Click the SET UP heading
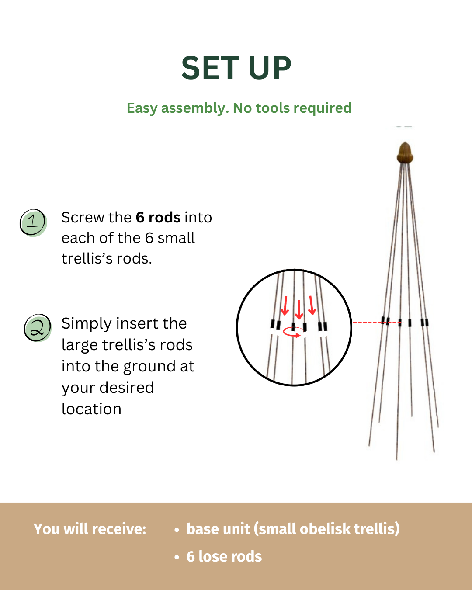pyautogui.click(x=236, y=68)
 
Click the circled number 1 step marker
pyautogui.click(x=33, y=222)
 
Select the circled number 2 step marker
pyautogui.click(x=38, y=328)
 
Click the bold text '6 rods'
pyautogui.click(x=158, y=217)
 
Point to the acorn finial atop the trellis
pyautogui.click(x=405, y=153)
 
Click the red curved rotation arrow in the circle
pyautogui.click(x=293, y=333)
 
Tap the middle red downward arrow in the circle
pyautogui.click(x=299, y=310)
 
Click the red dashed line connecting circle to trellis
pyautogui.click(x=378, y=323)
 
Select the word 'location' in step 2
pyautogui.click(x=91, y=409)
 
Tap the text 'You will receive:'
pyautogui.click(x=90, y=529)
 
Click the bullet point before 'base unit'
pyautogui.click(x=177, y=530)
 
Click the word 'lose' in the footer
pyautogui.click(x=215, y=556)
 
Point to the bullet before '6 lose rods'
pyautogui.click(x=177, y=557)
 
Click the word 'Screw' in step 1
pyautogui.click(x=83, y=217)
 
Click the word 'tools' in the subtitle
pyautogui.click(x=272, y=108)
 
